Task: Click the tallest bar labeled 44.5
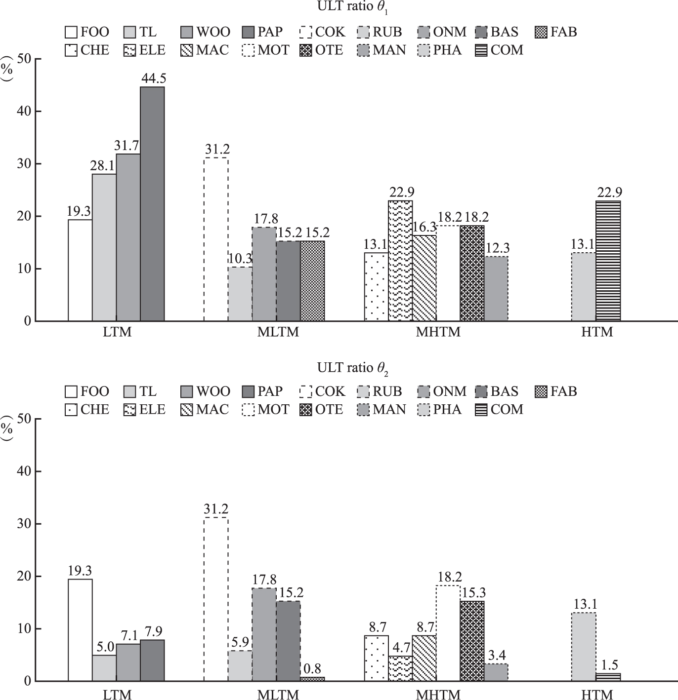pos(152,204)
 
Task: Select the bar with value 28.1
pos(104,247)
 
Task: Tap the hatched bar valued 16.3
pos(424,278)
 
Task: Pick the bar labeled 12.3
pos(496,289)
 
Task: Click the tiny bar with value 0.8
pos(312,679)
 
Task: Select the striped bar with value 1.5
pos(608,677)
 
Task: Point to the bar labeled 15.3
pos(472,641)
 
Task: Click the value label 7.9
pos(152,631)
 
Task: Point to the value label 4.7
pos(401,647)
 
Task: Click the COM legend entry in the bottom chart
pos(499,409)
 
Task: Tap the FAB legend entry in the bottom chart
pos(556,391)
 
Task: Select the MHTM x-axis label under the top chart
pos(438,332)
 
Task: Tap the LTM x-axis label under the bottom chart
pos(117,694)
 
